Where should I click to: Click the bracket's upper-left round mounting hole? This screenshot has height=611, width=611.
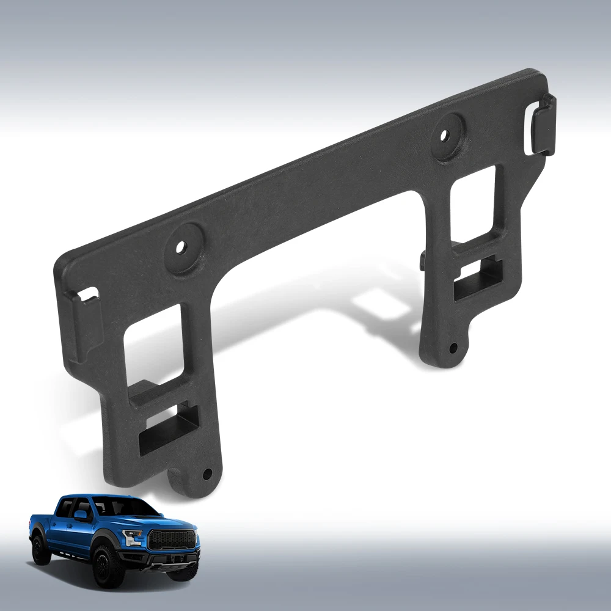coord(181,247)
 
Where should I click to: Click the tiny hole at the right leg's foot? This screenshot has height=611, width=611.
coord(453,348)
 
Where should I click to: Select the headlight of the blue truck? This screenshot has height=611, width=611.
coord(133,536)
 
